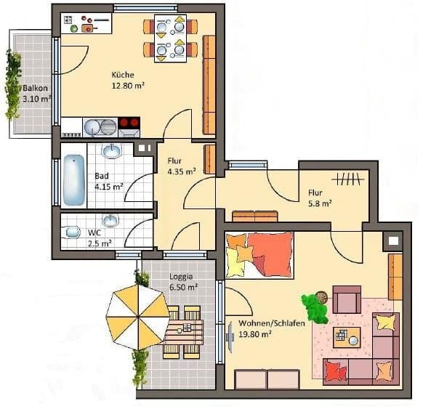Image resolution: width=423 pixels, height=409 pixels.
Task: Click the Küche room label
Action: [x=123, y=75]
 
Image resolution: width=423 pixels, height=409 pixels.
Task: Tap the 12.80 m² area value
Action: [x=128, y=86]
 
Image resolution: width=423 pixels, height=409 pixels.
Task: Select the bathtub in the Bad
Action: [x=73, y=180]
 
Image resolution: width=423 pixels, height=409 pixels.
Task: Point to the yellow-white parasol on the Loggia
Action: [x=138, y=317]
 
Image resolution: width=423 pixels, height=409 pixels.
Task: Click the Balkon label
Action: [x=35, y=88]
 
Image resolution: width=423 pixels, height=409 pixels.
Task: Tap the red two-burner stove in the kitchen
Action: [x=129, y=123]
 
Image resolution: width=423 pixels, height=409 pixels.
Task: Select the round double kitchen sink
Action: [x=100, y=127]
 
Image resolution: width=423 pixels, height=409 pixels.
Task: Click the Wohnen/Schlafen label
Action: [x=272, y=323]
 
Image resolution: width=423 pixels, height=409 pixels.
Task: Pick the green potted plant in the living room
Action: [x=315, y=307]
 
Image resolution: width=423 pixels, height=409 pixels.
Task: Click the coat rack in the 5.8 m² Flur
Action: [x=348, y=179]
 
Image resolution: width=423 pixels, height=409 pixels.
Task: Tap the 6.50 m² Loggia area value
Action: [x=183, y=288]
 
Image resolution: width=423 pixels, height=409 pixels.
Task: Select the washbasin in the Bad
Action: [x=112, y=150]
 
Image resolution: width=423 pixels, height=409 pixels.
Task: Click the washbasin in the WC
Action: [x=110, y=220]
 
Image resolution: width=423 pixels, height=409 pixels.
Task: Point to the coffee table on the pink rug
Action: [x=347, y=337]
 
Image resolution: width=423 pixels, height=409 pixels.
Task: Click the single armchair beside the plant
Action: [x=347, y=299]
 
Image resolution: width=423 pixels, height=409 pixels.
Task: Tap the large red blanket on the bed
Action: [x=270, y=254]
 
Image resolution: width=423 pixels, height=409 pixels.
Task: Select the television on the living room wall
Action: [x=230, y=337]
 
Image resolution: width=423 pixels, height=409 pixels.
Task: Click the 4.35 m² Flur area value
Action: [x=182, y=171]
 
